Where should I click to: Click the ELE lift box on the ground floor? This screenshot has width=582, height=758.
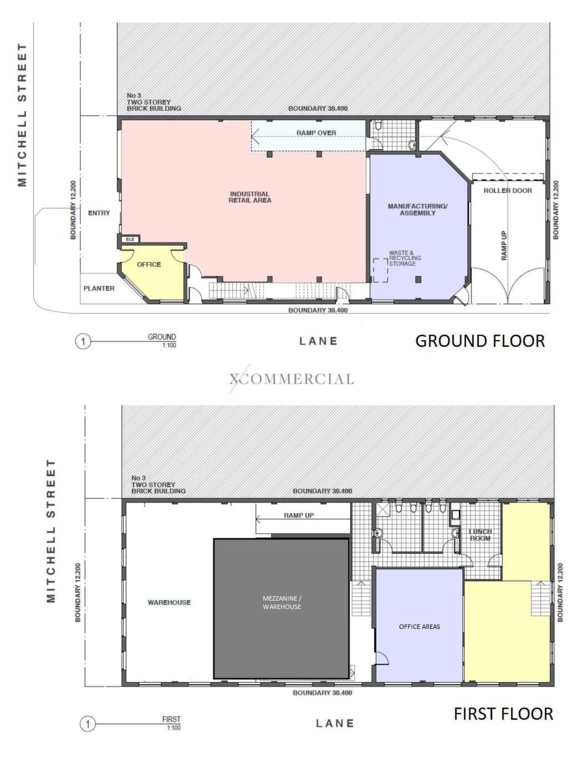tap(130, 239)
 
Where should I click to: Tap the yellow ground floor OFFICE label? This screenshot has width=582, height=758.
tap(149, 264)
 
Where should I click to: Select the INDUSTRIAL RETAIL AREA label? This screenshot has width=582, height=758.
tap(249, 197)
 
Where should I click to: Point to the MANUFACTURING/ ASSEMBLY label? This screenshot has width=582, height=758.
tap(417, 209)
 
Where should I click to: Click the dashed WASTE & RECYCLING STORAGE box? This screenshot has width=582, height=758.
tap(380, 270)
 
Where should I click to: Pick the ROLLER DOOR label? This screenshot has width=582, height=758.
tap(507, 191)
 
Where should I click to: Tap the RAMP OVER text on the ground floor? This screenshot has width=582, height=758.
tap(316, 133)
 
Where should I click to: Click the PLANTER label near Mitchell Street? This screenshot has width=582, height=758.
tap(99, 288)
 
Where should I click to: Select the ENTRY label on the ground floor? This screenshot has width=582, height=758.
tap(99, 213)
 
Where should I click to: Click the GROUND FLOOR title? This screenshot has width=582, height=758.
tap(480, 341)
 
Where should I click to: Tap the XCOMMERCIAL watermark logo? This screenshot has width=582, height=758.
tap(292, 379)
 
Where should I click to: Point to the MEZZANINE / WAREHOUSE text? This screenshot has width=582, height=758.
tap(282, 602)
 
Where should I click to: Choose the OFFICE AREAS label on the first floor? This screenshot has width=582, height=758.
tap(419, 627)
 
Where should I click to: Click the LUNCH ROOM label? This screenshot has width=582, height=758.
tap(480, 535)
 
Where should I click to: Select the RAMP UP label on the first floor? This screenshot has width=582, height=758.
tap(299, 515)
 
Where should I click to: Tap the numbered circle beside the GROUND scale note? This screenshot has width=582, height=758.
tap(83, 341)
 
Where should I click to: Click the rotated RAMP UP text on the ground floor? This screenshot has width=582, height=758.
tap(504, 245)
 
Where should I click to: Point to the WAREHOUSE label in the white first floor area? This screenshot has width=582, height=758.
tap(169, 602)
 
